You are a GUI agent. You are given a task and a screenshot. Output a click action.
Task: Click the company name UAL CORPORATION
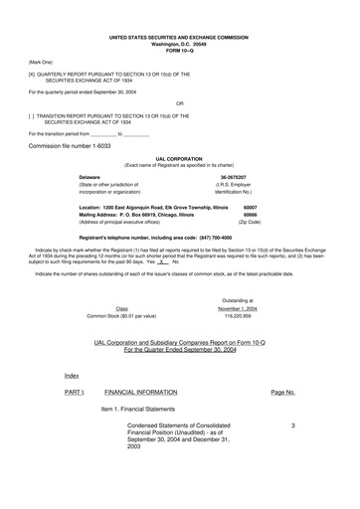[x=179, y=157]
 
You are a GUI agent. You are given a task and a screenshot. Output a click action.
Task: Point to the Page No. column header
[x=282, y=393]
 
